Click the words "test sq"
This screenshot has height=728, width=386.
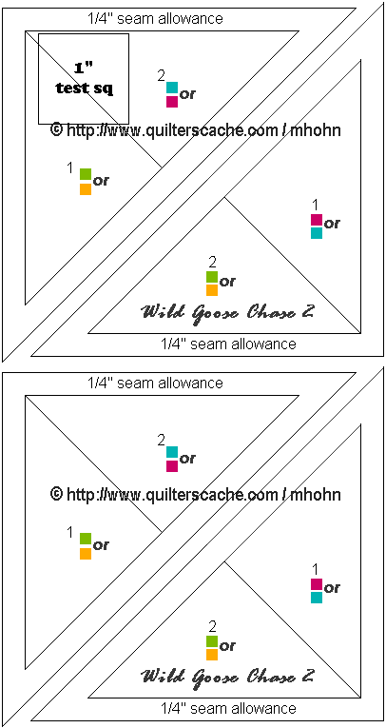[85, 89]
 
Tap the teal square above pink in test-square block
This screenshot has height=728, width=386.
[172, 88]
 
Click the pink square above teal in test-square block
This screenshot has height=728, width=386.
[317, 219]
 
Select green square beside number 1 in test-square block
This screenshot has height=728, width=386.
[86, 174]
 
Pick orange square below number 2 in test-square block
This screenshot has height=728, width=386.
[212, 290]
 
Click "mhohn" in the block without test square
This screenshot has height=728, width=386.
[316, 495]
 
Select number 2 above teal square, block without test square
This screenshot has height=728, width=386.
[161, 441]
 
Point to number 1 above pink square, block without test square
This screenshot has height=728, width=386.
[316, 568]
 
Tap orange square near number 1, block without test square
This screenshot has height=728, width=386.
[86, 554]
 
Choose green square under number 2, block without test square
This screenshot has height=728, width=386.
[212, 641]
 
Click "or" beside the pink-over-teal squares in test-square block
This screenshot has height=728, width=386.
[332, 225]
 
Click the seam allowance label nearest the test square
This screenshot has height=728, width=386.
[155, 19]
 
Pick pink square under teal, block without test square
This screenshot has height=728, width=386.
[172, 466]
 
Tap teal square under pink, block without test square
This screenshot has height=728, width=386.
[317, 598]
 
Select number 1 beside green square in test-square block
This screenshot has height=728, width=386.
[70, 168]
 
